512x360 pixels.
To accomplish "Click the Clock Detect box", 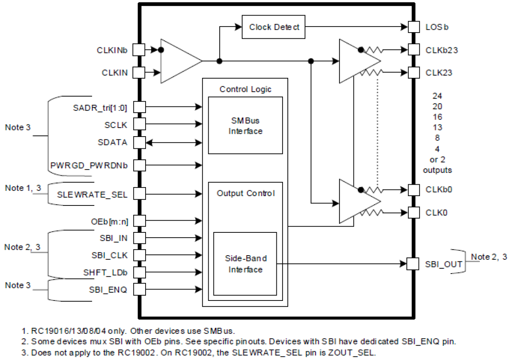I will pyautogui.click(x=274, y=27).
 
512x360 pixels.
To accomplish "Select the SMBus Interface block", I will pyautogui.click(x=245, y=126).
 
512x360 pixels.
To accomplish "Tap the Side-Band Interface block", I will pyautogui.click(x=245, y=264).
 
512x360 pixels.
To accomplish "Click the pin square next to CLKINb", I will pyautogui.click(x=139, y=50).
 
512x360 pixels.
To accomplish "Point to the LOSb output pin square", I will pyautogui.click(x=414, y=27).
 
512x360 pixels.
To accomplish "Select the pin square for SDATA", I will pyautogui.click(x=139, y=143).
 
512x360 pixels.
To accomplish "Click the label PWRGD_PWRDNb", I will pyautogui.click(x=89, y=166).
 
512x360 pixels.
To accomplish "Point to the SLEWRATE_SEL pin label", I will pyautogui.click(x=92, y=194).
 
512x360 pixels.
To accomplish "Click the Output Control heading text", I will pyautogui.click(x=246, y=193).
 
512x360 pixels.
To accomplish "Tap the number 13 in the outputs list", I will pyautogui.click(x=437, y=127).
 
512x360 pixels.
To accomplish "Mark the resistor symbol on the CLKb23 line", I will pyautogui.click(x=374, y=50).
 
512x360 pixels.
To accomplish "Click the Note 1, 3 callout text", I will pyautogui.click(x=20, y=188).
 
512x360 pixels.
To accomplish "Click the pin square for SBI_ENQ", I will pyautogui.click(x=139, y=290).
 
